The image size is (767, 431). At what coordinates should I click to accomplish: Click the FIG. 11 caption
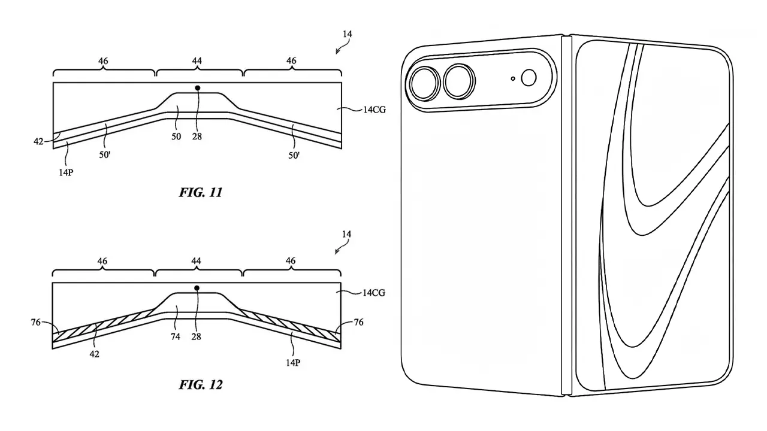[x=201, y=193]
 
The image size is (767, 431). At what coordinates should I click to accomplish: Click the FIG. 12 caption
[x=201, y=384]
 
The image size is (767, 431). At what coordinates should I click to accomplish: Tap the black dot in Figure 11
[x=198, y=88]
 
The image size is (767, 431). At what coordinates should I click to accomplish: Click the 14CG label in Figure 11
[x=373, y=110]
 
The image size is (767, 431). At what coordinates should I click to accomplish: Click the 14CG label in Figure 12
[x=373, y=293]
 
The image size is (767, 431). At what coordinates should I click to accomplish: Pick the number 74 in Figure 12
[x=176, y=337]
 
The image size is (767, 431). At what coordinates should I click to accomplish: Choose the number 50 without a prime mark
[x=176, y=136]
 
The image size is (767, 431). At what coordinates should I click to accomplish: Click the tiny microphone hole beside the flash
[x=513, y=78]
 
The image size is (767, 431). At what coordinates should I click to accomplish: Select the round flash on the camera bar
[x=530, y=78]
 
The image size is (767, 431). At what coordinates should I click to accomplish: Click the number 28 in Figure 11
[x=197, y=136]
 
